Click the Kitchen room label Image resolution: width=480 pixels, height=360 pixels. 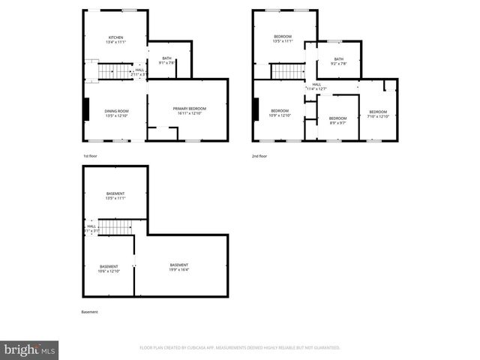coord(115,40)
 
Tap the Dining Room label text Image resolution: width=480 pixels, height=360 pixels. coord(116,113)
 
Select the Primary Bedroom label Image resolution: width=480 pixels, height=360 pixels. coord(189,111)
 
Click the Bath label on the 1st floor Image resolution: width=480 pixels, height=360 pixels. coord(166,61)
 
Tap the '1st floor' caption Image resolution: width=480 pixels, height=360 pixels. coord(90,156)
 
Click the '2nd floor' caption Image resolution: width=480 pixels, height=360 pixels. coord(259,156)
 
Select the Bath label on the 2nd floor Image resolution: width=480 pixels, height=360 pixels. coord(338,61)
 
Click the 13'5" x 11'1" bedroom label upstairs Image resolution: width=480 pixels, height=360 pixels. coord(283,40)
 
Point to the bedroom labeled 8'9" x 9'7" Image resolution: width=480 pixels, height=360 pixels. coord(337,120)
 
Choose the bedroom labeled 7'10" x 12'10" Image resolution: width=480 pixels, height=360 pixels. coord(378,114)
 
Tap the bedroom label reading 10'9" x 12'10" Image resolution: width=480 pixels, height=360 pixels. coord(279,113)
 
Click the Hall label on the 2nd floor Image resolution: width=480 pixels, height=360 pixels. coord(316,87)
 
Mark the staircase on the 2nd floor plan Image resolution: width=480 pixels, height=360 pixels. coord(286,71)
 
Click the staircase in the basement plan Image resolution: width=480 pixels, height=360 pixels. coord(115,226)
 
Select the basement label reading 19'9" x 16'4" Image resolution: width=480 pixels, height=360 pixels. coord(179,267)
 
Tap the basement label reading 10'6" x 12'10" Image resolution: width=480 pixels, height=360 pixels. coord(109,269)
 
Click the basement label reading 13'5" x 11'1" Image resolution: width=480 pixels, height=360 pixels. coord(115,196)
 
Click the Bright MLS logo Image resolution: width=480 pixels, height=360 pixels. coord(29,349)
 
